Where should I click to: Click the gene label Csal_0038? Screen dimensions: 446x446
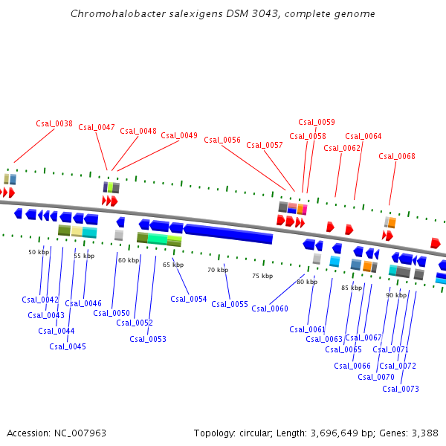pyautogui.click(x=54, y=123)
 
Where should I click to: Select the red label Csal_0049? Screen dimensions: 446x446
pyautogui.click(x=179, y=135)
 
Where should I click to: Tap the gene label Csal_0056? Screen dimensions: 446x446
pyautogui.click(x=222, y=140)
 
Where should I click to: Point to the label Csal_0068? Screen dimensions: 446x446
pyautogui.click(x=397, y=156)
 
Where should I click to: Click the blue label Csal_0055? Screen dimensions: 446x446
pyautogui.click(x=230, y=304)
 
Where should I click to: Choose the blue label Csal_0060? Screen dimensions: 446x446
pyautogui.click(x=270, y=308)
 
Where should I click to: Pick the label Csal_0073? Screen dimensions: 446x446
pyautogui.click(x=401, y=389)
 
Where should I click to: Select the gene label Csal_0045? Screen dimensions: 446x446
pyautogui.click(x=68, y=346)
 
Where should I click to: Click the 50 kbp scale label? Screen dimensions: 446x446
pyautogui.click(x=38, y=253)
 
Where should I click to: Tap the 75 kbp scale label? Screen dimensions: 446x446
pyautogui.click(x=262, y=276)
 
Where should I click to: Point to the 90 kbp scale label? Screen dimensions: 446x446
pyautogui.click(x=396, y=295)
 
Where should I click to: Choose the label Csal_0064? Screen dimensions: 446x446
pyautogui.click(x=363, y=136)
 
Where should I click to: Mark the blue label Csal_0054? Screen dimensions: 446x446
pyautogui.click(x=189, y=299)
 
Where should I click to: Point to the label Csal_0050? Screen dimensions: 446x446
pyautogui.click(x=111, y=313)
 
